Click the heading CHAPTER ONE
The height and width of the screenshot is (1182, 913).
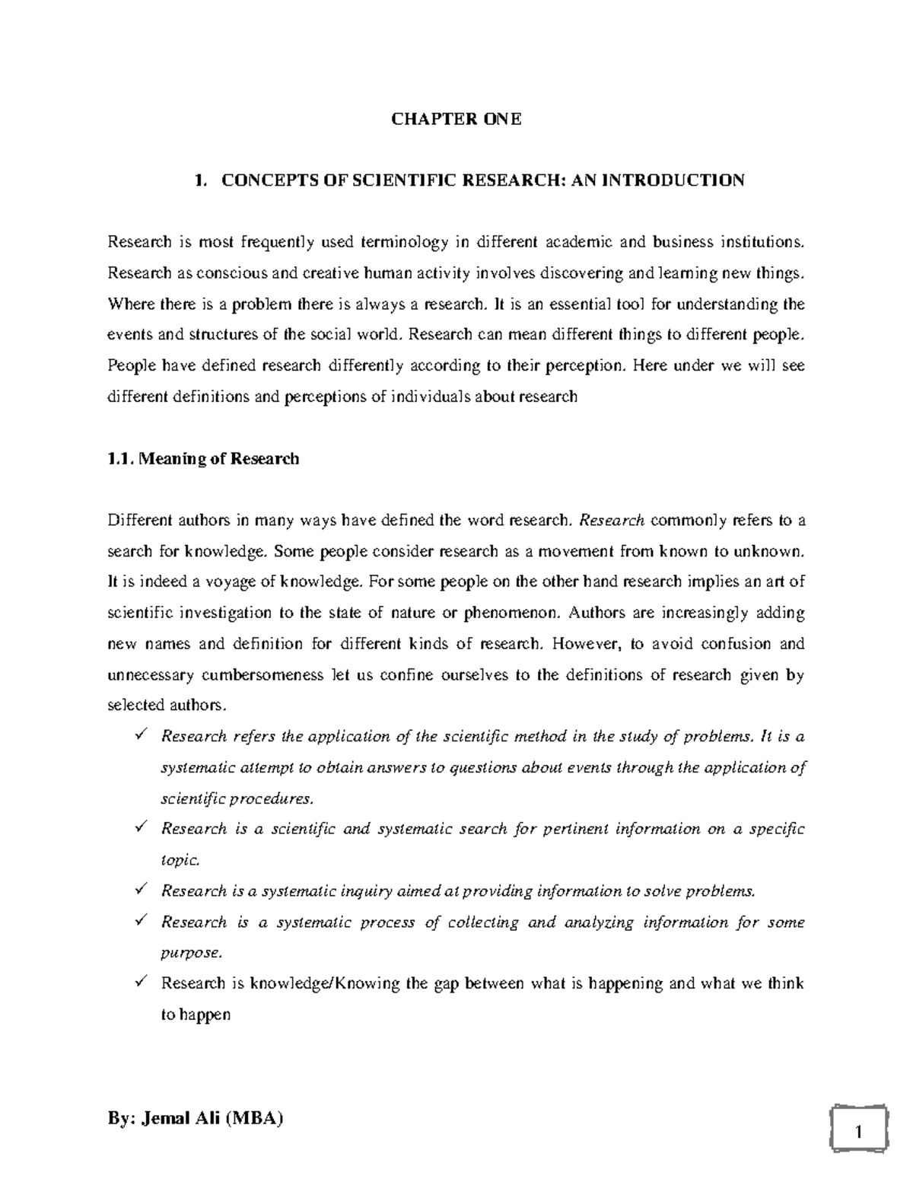(456, 119)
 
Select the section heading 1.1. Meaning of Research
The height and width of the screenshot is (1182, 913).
(203, 459)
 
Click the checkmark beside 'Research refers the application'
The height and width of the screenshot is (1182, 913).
(139, 736)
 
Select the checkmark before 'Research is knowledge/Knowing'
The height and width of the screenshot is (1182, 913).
(139, 983)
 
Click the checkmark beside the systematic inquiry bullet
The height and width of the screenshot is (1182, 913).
(139, 890)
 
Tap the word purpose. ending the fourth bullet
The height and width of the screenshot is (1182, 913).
(192, 953)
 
